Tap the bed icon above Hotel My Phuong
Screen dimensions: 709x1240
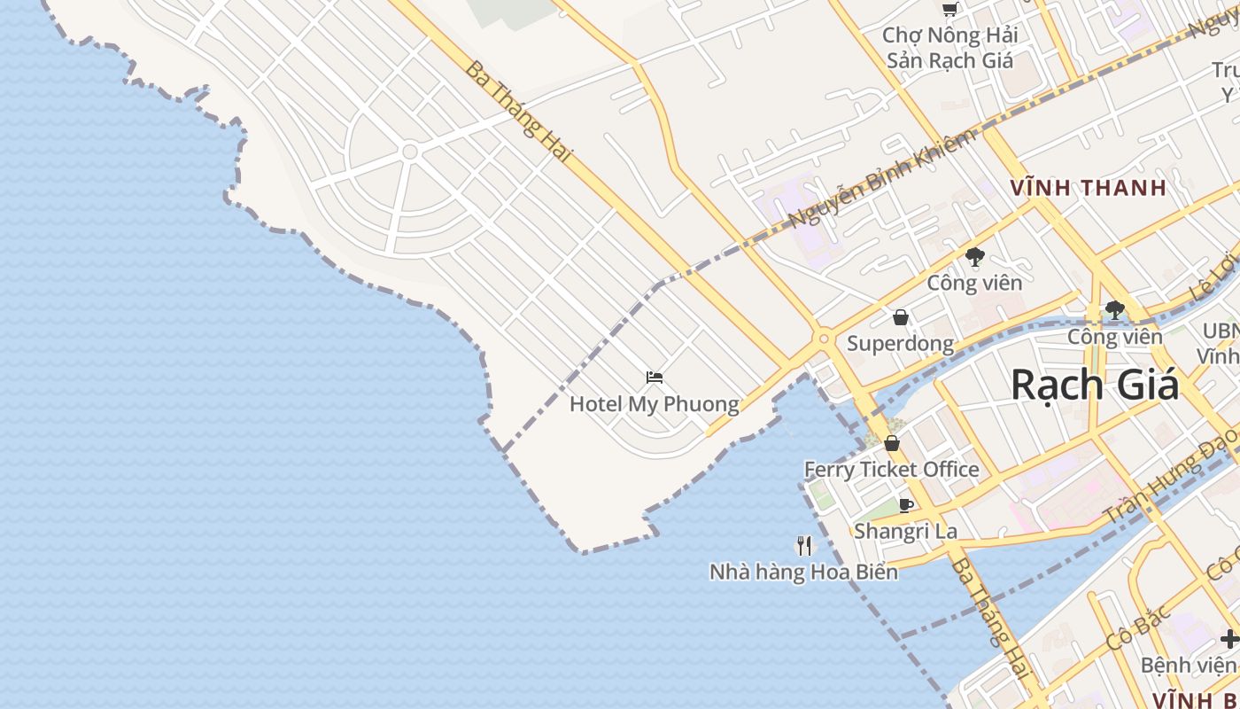pyautogui.click(x=655, y=378)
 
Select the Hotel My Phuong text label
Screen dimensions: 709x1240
pyautogui.click(x=654, y=405)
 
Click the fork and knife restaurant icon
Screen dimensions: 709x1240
pyautogui.click(x=804, y=546)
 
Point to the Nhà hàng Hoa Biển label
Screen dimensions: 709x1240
pyautogui.click(x=803, y=573)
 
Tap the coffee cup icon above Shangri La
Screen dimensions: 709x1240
pyautogui.click(x=905, y=506)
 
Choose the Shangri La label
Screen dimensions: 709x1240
pyautogui.click(x=905, y=532)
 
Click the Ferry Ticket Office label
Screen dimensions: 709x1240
pyautogui.click(x=891, y=470)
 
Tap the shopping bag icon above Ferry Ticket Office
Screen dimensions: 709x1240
pyautogui.click(x=892, y=443)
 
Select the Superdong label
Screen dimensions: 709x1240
pyautogui.click(x=900, y=344)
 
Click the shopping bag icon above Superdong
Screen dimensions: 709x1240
pyautogui.click(x=901, y=317)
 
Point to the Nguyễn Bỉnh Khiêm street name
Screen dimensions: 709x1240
pyautogui.click(x=881, y=177)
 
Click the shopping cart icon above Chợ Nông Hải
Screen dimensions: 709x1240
pyautogui.click(x=949, y=10)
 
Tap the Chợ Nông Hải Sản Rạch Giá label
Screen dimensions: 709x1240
pyautogui.click(x=949, y=49)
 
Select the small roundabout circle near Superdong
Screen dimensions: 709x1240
pyautogui.click(x=824, y=339)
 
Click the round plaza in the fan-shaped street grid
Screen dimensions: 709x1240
pyautogui.click(x=409, y=152)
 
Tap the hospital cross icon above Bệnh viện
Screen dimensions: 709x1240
pyautogui.click(x=1228, y=638)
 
